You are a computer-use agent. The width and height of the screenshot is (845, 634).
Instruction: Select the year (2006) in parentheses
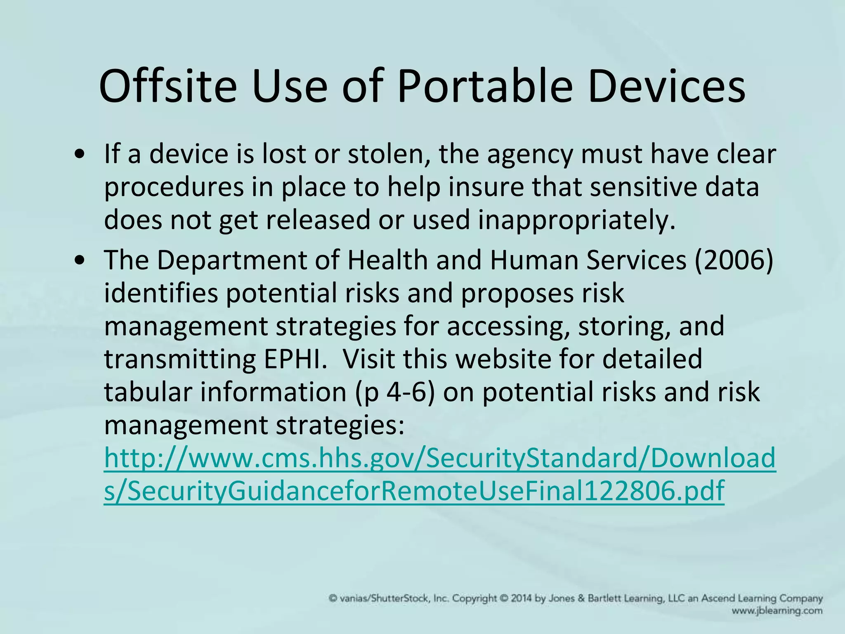pos(734,260)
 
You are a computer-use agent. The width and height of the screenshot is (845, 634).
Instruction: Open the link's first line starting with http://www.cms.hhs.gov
pos(440,458)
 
